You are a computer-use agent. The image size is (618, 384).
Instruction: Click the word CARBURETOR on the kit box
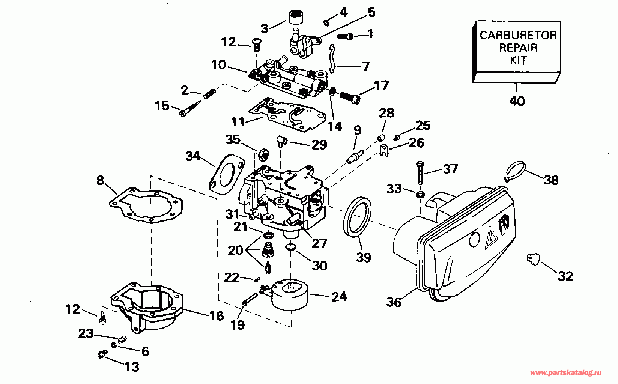click(518, 36)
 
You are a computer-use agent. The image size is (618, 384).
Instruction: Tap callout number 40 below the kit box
click(517, 101)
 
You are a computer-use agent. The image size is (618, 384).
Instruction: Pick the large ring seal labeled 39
click(357, 217)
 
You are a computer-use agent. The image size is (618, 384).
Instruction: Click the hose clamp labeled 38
click(515, 171)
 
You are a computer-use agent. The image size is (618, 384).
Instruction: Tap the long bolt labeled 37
click(420, 172)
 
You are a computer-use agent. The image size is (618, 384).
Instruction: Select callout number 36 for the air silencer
click(394, 302)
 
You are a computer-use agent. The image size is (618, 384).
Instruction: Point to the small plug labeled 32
click(533, 259)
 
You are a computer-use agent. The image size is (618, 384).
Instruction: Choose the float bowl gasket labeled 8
click(146, 205)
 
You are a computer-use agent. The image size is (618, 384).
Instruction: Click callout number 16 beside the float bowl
click(217, 316)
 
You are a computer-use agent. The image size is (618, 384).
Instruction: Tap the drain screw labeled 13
click(102, 354)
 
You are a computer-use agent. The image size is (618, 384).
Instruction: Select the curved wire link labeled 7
click(333, 58)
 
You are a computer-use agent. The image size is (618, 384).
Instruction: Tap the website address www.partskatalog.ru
click(565, 373)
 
